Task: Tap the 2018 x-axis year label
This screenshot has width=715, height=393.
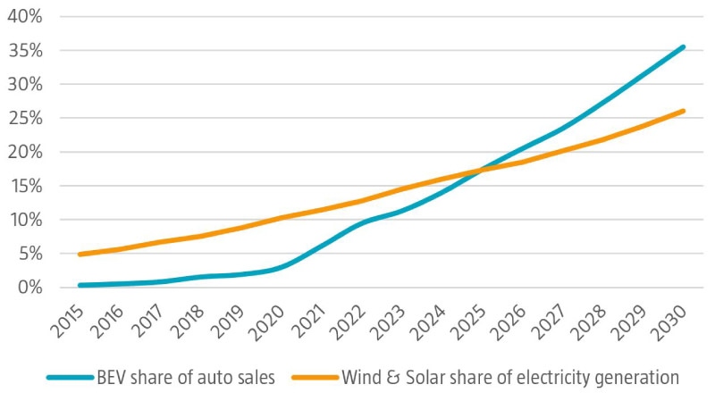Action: click(x=190, y=319)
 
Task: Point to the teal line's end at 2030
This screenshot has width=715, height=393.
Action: click(x=685, y=46)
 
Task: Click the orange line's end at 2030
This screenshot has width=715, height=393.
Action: click(x=685, y=111)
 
